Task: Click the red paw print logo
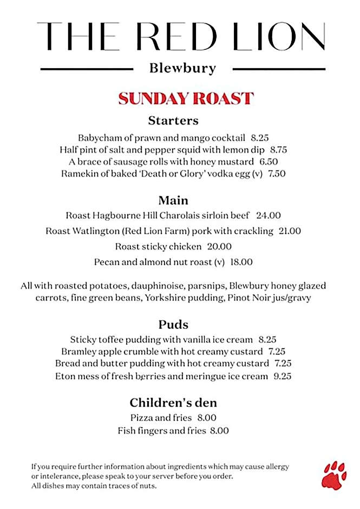pos(334,474)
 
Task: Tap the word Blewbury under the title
pos(182,69)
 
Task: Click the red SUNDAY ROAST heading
pos(186,99)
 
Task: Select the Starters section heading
pos(173,120)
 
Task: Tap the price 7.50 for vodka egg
pos(277,174)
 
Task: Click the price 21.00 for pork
pos(290,231)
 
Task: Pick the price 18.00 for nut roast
pos(241,262)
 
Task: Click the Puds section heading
pos(173,324)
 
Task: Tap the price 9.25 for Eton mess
pos(282,376)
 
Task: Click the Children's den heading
pos(173,403)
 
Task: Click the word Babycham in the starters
pos(100,138)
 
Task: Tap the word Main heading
pos(173,200)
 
